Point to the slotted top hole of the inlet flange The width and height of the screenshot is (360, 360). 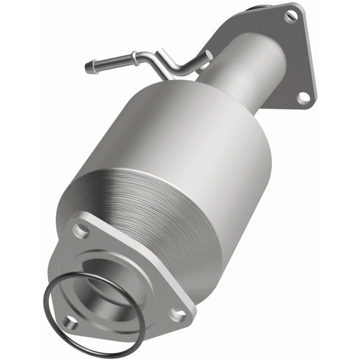[289, 16]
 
